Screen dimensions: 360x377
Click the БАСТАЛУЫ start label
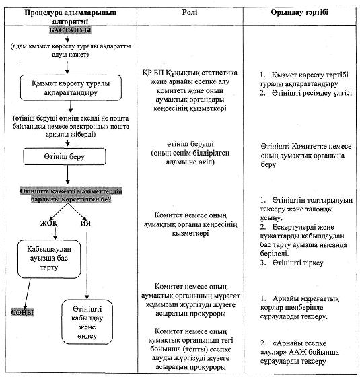(x=70, y=30)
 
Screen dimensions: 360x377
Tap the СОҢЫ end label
(x=22, y=312)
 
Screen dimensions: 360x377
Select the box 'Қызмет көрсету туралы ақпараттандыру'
(x=71, y=88)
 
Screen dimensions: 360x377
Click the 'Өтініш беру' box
(x=65, y=156)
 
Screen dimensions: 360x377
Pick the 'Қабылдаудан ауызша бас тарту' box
(x=49, y=259)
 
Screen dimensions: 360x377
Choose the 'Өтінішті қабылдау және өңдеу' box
(x=87, y=322)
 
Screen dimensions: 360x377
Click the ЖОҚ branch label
(x=48, y=223)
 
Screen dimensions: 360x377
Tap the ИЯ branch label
(x=85, y=223)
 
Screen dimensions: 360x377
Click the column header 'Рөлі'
(x=190, y=13)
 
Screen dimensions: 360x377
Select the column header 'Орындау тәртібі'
(x=299, y=13)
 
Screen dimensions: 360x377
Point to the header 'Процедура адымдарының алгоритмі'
(x=70, y=17)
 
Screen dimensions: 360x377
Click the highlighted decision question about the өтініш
(x=71, y=195)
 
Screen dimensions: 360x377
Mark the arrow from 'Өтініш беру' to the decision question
(x=67, y=174)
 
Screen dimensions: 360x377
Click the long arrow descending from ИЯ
(x=87, y=265)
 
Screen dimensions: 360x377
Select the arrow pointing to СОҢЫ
(x=27, y=294)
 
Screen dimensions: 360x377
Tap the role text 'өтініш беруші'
(x=190, y=144)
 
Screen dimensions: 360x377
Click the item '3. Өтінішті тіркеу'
(x=292, y=263)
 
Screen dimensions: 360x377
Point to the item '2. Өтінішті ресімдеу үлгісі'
(x=305, y=93)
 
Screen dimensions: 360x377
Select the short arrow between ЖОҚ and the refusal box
(x=55, y=233)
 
